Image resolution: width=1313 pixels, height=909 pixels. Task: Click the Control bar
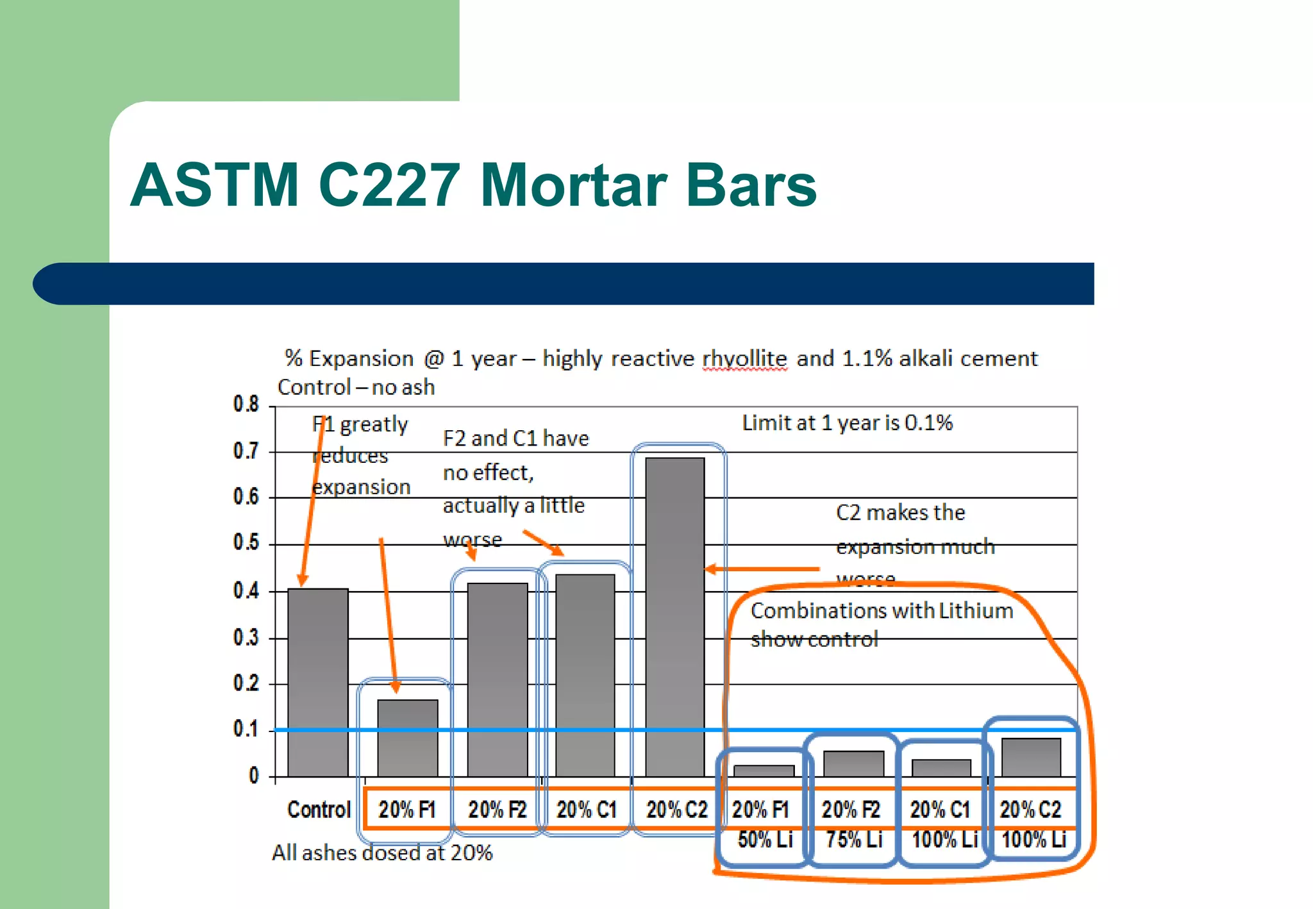pos(318,683)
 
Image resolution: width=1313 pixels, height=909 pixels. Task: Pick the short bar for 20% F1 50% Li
pos(764,771)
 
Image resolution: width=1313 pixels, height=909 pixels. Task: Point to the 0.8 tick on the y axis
pos(246,404)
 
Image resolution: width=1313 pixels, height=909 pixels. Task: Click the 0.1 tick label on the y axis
pos(246,730)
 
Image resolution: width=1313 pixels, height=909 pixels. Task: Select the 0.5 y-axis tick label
pos(246,543)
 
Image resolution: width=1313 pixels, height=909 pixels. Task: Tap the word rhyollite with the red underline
pos(744,358)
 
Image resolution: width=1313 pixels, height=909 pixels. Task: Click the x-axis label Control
pos(319,810)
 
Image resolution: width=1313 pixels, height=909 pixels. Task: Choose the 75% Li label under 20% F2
pos(854,839)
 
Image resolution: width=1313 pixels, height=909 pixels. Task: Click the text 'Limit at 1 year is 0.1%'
pos(847,423)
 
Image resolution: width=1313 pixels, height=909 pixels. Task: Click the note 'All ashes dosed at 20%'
pos(382,853)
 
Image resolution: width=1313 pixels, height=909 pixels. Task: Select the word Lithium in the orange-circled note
pos(976,610)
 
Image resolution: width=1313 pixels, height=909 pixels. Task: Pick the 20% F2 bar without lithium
pos(498,680)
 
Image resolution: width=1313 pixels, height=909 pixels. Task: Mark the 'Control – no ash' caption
pos(356,387)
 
